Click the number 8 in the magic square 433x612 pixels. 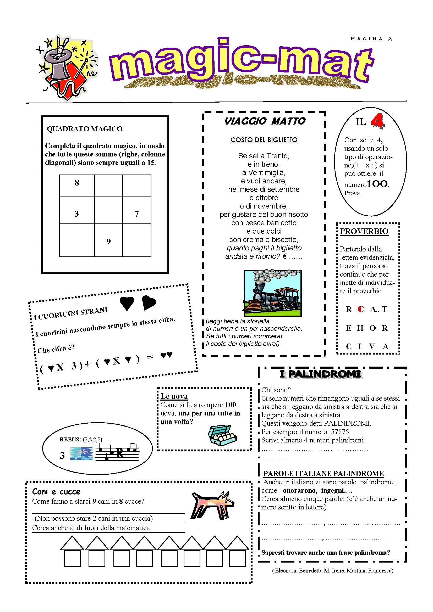tap(77, 183)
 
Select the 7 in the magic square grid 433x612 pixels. tap(136, 214)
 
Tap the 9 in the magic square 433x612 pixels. tap(108, 242)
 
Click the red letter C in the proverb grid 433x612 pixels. tap(361, 309)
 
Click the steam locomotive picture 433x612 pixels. tap(272, 293)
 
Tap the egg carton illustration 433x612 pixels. tap(222, 435)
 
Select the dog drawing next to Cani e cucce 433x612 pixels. tap(212, 504)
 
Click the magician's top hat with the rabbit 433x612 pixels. tap(59, 63)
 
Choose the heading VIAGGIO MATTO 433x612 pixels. tap(265, 121)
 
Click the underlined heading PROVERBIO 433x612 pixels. tap(364, 231)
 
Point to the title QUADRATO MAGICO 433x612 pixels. tap(85, 129)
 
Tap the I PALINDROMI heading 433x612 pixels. tap(320, 374)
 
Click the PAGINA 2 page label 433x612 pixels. tap(371, 39)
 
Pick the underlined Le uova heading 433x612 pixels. tap(174, 396)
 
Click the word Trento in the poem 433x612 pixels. tap(277, 156)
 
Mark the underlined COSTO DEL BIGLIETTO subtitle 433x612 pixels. tap(264, 140)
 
